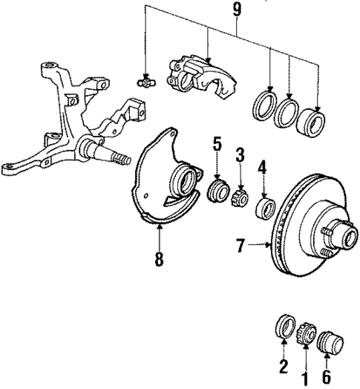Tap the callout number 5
[217, 143]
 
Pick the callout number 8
[159, 261]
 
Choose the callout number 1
[301, 369]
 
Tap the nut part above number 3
[240, 199]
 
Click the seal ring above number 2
[283, 326]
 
